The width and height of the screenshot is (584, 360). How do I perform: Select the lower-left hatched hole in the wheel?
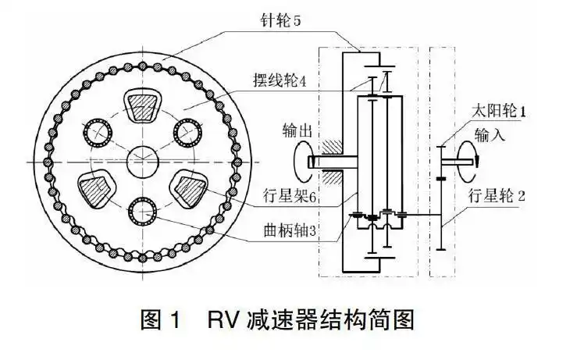[96, 190]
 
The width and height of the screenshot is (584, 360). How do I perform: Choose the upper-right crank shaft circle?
[187, 135]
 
